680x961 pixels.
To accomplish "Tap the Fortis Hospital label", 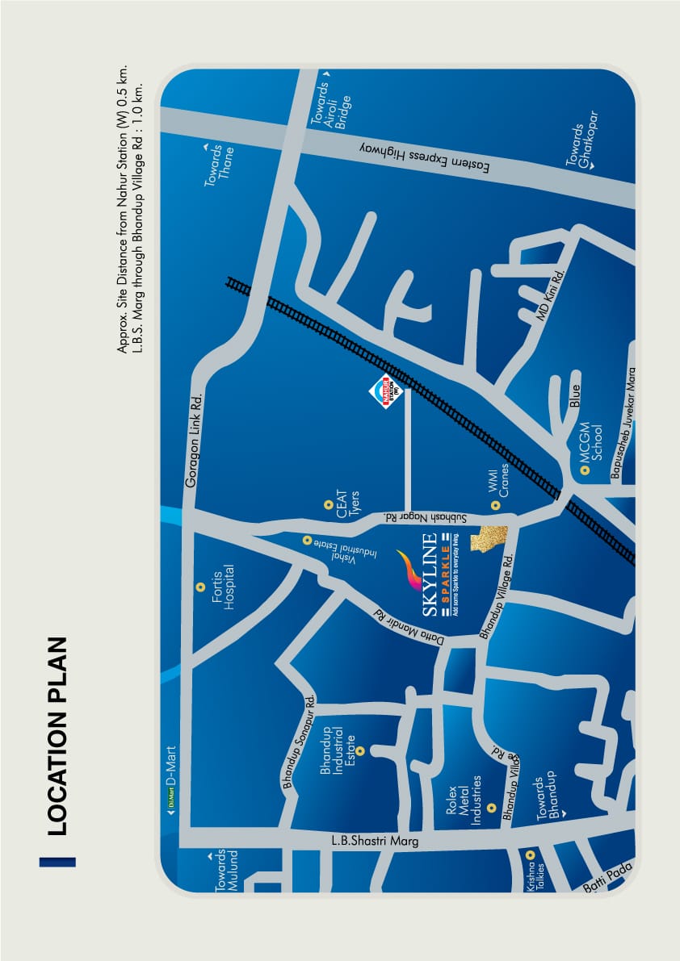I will (223, 587).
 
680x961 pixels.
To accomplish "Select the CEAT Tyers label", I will (347, 503).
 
